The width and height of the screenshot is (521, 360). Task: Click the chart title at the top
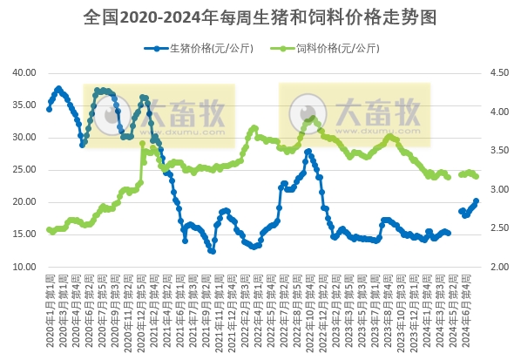(x=260, y=17)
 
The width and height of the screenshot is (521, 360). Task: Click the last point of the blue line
(x=476, y=201)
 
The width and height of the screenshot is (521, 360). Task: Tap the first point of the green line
(x=49, y=230)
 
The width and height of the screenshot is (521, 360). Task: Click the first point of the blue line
(x=49, y=109)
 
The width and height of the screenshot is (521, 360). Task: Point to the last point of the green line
(x=476, y=176)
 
